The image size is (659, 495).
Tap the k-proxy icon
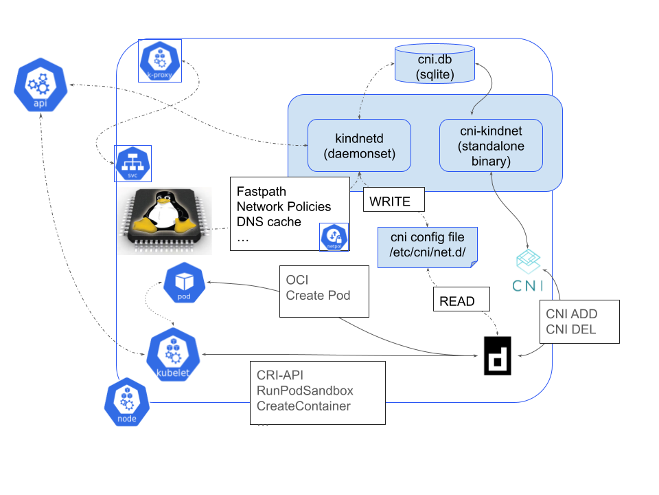[x=159, y=60]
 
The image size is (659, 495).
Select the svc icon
[x=132, y=164]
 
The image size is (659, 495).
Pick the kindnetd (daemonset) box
[x=359, y=145]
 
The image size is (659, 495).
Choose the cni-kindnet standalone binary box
[x=491, y=145]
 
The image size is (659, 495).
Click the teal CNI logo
[x=527, y=271]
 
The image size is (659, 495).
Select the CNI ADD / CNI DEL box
[x=579, y=322]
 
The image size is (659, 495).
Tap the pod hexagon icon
[x=183, y=283]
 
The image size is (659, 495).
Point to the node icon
[x=126, y=402]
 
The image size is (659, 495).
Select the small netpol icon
[x=334, y=236]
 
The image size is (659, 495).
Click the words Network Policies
[x=284, y=206]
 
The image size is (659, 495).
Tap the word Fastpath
[x=262, y=192]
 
